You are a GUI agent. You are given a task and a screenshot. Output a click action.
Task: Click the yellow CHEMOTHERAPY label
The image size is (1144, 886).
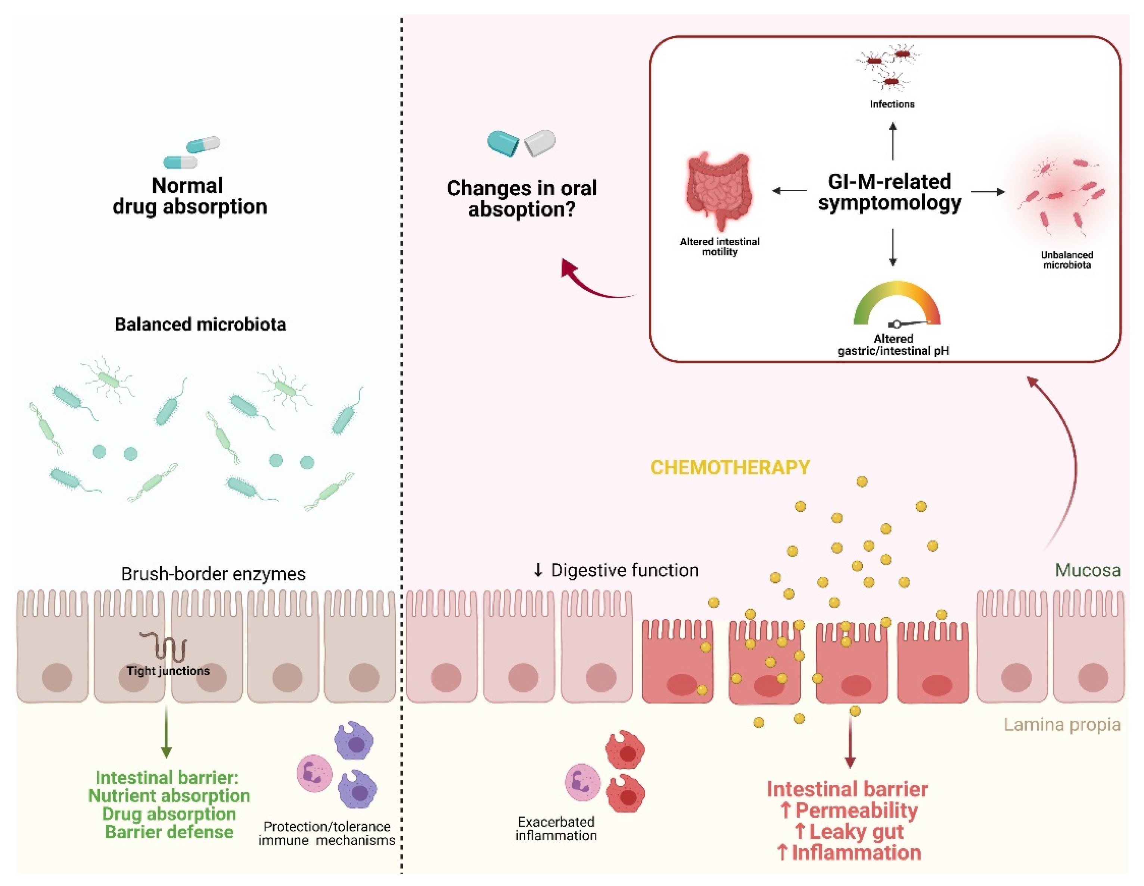(730, 467)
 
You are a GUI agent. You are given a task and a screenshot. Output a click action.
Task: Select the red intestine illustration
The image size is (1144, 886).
(719, 191)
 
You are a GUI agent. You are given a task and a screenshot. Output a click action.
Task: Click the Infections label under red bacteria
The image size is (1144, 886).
(892, 104)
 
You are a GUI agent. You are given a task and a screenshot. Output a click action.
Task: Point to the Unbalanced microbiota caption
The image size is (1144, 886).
(1066, 260)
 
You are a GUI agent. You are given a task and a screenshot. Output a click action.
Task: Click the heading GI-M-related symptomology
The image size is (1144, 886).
(889, 192)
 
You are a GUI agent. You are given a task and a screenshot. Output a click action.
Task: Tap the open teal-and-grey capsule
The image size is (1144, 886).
(521, 143)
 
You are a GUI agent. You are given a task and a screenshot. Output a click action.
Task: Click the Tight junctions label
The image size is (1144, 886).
(168, 670)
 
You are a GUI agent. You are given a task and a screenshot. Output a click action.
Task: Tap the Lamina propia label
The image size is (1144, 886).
(1062, 725)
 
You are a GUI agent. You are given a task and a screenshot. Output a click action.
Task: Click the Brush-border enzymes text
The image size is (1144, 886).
(213, 574)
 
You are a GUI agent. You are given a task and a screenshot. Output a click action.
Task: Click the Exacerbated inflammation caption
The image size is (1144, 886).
(556, 828)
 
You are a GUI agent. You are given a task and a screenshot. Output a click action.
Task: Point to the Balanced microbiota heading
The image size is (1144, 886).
(200, 324)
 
